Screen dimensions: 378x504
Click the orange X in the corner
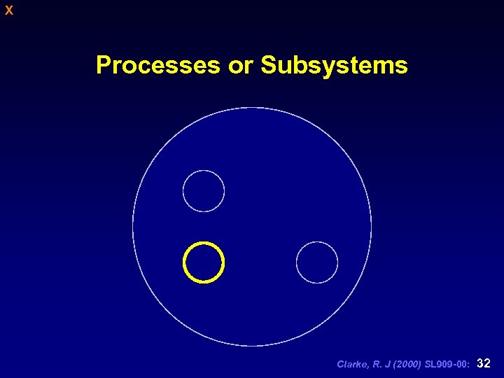(x=8, y=10)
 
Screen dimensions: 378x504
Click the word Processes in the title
(x=157, y=65)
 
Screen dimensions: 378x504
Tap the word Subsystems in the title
(x=334, y=66)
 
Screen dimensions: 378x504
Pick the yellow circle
(x=204, y=262)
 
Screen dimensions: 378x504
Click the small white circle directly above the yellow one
(x=204, y=191)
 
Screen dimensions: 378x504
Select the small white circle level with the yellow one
(x=317, y=262)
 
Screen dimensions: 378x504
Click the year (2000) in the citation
(x=404, y=364)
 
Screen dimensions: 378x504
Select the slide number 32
(x=483, y=363)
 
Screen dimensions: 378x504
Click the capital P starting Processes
(x=104, y=65)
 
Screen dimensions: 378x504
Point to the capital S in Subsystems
(x=269, y=65)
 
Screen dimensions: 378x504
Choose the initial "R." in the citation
(x=375, y=364)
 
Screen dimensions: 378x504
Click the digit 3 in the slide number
(x=479, y=363)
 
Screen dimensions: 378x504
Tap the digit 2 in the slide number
(x=487, y=363)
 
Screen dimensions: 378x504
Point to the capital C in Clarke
(x=340, y=364)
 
